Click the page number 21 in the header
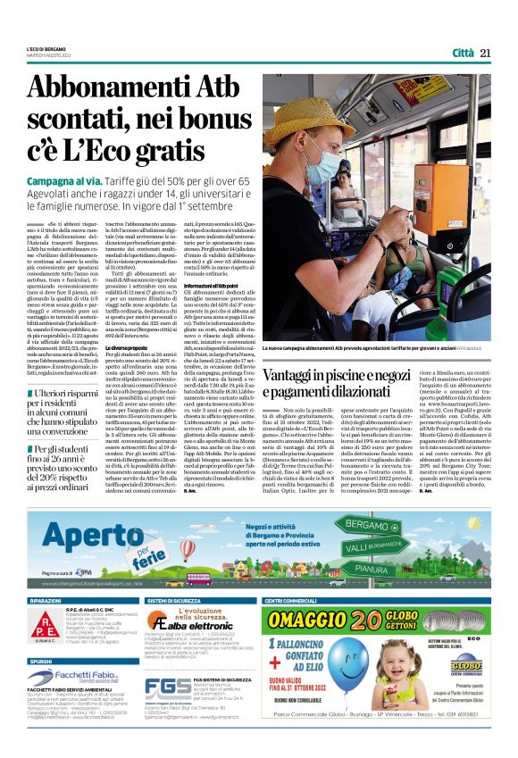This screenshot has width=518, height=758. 485,53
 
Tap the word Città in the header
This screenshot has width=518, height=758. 463,53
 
